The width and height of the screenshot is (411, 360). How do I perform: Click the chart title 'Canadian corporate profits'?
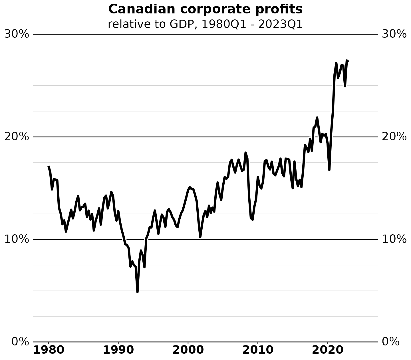[205, 9]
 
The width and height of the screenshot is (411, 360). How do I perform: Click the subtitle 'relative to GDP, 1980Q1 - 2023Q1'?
[205, 25]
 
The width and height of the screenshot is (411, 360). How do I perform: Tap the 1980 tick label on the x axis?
[49, 350]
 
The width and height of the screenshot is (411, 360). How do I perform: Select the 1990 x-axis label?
[118, 350]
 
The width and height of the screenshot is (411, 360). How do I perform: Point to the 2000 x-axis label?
[188, 350]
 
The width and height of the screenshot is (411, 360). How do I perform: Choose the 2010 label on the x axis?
[257, 350]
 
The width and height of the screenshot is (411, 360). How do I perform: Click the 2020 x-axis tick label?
[327, 350]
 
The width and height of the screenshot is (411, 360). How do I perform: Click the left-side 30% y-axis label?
[17, 34]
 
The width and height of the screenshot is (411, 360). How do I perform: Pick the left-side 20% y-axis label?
[17, 137]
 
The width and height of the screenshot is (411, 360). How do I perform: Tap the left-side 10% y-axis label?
[17, 239]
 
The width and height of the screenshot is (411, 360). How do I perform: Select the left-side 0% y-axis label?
[20, 342]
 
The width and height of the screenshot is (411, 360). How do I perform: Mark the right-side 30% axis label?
[394, 34]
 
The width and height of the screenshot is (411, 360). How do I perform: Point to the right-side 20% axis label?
[394, 137]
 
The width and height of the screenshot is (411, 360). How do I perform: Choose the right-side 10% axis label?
[394, 239]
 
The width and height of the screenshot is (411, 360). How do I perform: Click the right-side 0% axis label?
[391, 342]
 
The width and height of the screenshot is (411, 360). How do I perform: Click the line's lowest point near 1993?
[137, 292]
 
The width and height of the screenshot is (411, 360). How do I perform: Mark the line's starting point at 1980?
[49, 166]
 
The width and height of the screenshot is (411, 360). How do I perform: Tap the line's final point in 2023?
[348, 61]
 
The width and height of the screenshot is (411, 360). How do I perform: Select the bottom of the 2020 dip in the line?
[329, 170]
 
